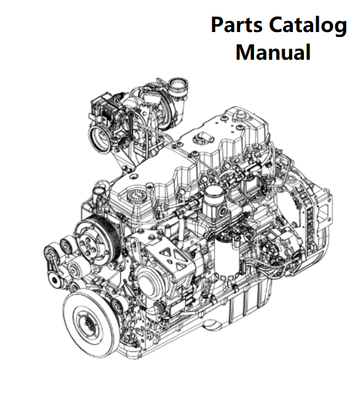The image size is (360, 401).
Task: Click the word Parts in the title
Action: tap(237, 25)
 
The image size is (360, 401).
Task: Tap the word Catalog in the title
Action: tap(308, 26)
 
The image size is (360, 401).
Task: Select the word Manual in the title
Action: tap(273, 52)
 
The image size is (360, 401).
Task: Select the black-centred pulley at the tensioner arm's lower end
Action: tap(55, 280)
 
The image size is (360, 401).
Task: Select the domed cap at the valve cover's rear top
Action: tap(241, 115)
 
